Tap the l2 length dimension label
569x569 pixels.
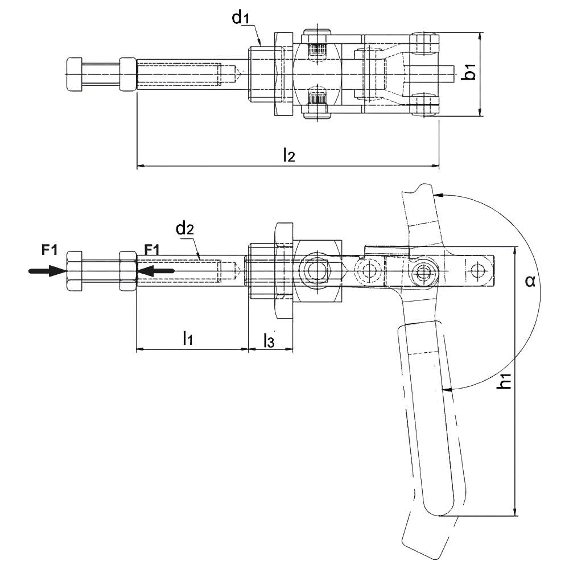(289, 155)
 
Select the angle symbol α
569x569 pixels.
(530, 281)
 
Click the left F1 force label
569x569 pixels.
(50, 249)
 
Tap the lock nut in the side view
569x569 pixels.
(127, 271)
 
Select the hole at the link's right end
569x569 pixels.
(477, 271)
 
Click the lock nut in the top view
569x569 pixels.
(127, 74)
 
